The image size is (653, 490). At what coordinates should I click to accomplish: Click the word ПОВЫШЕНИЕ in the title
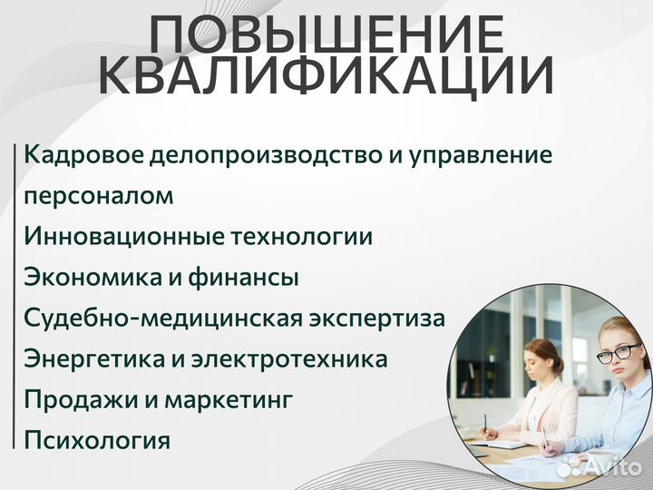(326, 36)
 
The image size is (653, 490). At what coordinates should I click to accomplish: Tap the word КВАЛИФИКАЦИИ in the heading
(326, 77)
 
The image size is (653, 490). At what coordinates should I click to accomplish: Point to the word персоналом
(99, 197)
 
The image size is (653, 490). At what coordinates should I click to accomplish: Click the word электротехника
(291, 359)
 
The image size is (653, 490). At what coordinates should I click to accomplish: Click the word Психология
(98, 441)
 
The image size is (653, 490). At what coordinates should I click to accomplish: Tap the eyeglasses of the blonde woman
(614, 352)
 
